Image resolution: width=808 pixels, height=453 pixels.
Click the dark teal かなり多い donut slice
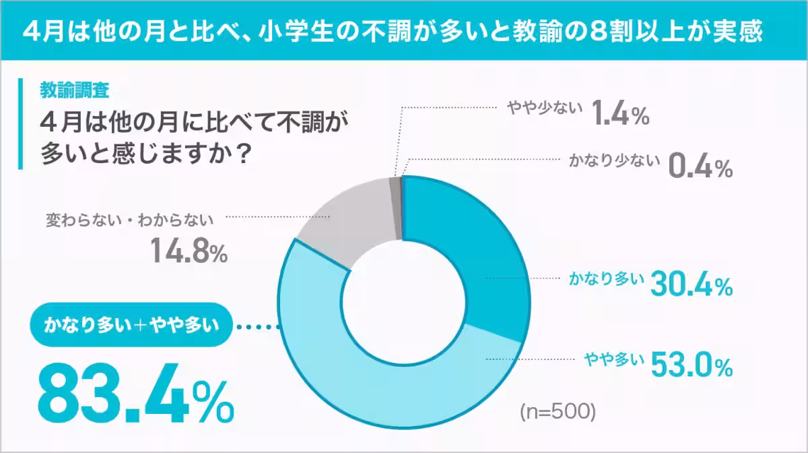pos(478,243)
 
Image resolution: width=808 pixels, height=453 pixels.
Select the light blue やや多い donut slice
pos(350,377)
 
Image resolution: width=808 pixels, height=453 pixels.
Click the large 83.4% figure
pos(135,393)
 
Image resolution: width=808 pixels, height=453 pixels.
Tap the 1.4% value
pos(620,115)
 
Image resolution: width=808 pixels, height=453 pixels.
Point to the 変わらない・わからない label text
pos(129,219)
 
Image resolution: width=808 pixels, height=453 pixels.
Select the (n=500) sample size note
pos(558,411)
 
